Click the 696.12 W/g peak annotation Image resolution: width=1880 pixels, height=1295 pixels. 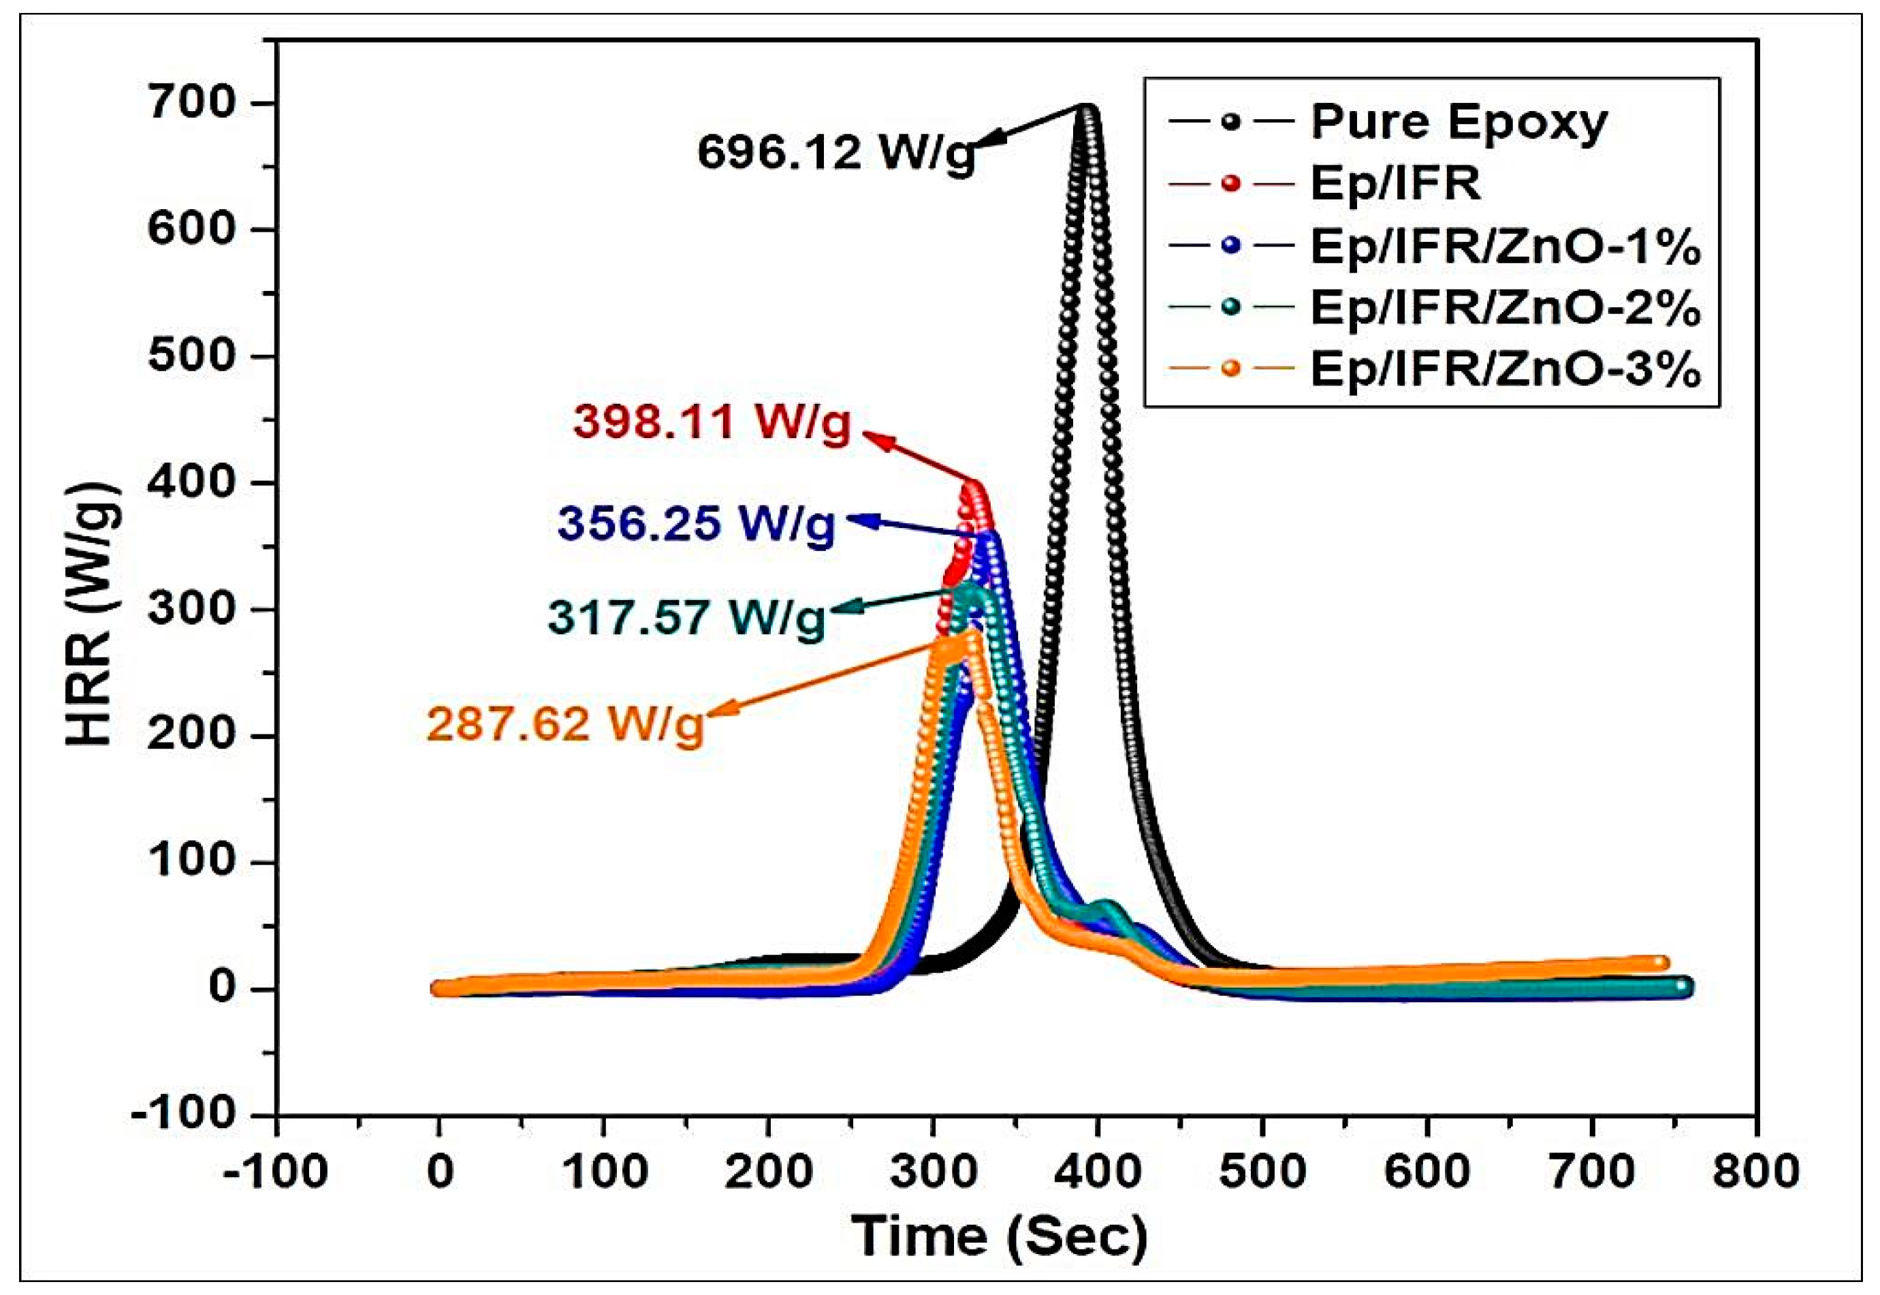click(x=835, y=152)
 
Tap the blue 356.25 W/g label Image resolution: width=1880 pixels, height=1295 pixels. click(x=696, y=523)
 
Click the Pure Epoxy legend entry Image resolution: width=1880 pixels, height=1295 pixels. click(x=1459, y=123)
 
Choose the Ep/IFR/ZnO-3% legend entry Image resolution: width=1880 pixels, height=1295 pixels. click(x=1505, y=370)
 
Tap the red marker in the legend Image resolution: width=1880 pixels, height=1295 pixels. click(x=1231, y=183)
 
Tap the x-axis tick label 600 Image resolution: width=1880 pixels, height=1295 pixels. click(x=1427, y=1172)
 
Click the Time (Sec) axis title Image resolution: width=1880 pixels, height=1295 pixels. click(x=999, y=1236)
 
